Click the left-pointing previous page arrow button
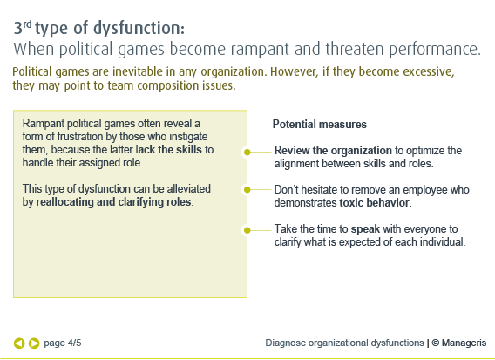19,343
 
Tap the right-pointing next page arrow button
34,343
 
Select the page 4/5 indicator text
63,343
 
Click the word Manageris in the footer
464,343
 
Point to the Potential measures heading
320,125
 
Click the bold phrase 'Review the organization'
333,151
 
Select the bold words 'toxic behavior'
375,203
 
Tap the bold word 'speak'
365,229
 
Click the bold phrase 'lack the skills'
168,150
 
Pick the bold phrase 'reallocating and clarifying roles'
113,202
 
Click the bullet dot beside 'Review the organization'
247,153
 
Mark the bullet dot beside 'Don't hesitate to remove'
247,190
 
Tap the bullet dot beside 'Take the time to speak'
247,230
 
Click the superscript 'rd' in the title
28,24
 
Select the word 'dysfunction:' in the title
139,28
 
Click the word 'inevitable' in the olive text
138,71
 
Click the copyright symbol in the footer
436,343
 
